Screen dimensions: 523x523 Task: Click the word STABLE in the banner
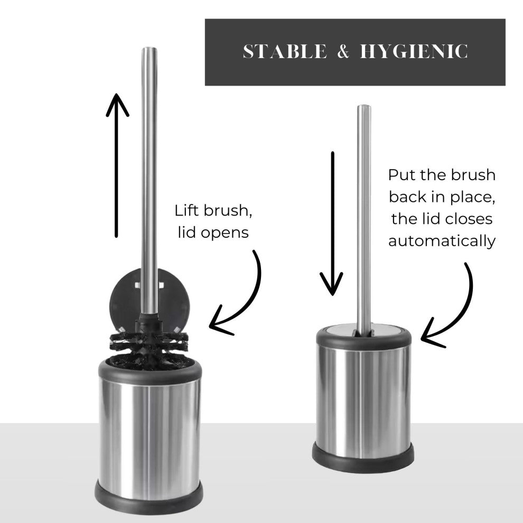pyautogui.click(x=285, y=52)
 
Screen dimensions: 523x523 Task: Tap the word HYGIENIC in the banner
pyautogui.click(x=414, y=52)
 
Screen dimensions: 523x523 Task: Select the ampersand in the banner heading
pyautogui.click(x=343, y=52)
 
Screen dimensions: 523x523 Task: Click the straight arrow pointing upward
pyautogui.click(x=117, y=165)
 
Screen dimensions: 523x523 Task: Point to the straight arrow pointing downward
pyautogui.click(x=332, y=223)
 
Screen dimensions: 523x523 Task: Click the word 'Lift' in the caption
pyautogui.click(x=187, y=210)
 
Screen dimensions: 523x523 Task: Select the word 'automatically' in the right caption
pyautogui.click(x=442, y=241)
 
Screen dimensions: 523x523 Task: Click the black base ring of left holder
pyautogui.click(x=149, y=497)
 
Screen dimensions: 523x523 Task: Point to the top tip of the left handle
pyautogui.click(x=149, y=49)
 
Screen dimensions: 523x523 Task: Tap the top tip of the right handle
pyautogui.click(x=363, y=106)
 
